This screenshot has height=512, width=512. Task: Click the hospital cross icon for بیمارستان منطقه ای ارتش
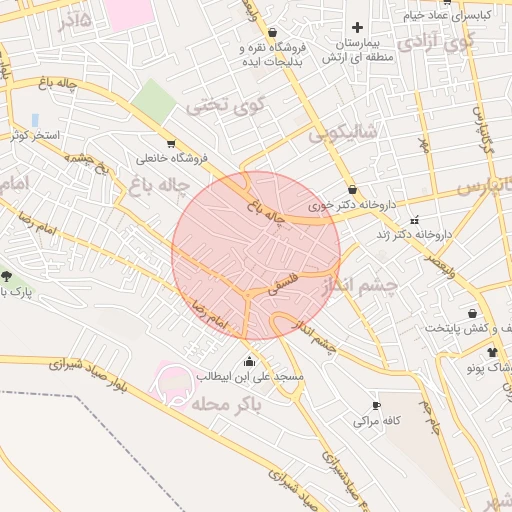(357, 28)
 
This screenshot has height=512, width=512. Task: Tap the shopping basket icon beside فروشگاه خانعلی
(171, 143)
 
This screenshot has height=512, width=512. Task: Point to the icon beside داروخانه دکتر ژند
(415, 219)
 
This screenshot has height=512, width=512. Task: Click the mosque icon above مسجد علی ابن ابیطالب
(249, 361)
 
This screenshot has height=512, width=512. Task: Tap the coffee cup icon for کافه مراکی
(376, 405)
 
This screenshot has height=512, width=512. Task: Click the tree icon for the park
(7, 275)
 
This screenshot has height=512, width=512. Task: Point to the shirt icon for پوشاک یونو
(492, 353)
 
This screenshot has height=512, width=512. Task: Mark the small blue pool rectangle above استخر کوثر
(35, 120)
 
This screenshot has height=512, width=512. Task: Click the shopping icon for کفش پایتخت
(472, 313)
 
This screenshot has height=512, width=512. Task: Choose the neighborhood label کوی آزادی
(436, 43)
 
